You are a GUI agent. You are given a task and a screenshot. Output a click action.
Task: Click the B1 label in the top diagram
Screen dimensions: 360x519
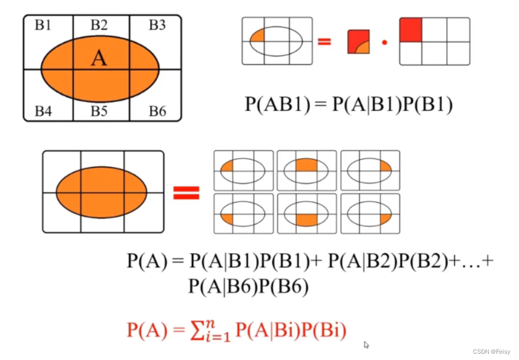click(43, 25)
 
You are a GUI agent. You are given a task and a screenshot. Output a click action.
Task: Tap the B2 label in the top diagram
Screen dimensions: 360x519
click(99, 25)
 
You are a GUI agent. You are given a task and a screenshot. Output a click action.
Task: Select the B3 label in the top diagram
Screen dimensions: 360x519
click(157, 25)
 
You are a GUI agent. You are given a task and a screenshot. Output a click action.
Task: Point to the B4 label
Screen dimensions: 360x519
click(43, 110)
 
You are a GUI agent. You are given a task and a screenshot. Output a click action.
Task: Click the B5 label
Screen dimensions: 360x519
click(99, 110)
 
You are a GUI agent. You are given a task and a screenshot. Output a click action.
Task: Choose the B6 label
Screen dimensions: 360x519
click(157, 110)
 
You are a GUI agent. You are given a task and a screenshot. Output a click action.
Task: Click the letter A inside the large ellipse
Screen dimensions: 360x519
click(99, 58)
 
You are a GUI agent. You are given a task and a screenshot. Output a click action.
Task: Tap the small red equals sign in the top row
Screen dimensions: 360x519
click(325, 41)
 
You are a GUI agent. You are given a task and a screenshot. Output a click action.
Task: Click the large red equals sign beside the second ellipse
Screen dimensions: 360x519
click(186, 193)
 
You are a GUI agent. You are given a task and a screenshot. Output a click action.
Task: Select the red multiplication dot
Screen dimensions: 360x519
click(384, 42)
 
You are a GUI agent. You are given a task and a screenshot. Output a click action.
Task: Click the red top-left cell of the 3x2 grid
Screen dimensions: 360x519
click(411, 30)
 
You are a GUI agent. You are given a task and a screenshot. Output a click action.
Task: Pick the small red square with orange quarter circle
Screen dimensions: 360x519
click(359, 42)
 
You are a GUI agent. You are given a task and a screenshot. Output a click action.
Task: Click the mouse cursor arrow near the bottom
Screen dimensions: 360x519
click(366, 344)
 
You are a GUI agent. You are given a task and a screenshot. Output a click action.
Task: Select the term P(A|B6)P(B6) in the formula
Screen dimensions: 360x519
click(248, 286)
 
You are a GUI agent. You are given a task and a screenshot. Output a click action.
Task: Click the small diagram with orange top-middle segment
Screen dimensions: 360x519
click(307, 170)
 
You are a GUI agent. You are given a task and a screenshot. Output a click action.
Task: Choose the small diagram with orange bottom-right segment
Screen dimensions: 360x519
click(370, 213)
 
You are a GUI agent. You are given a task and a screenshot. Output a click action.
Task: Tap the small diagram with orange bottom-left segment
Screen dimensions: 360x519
click(243, 213)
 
